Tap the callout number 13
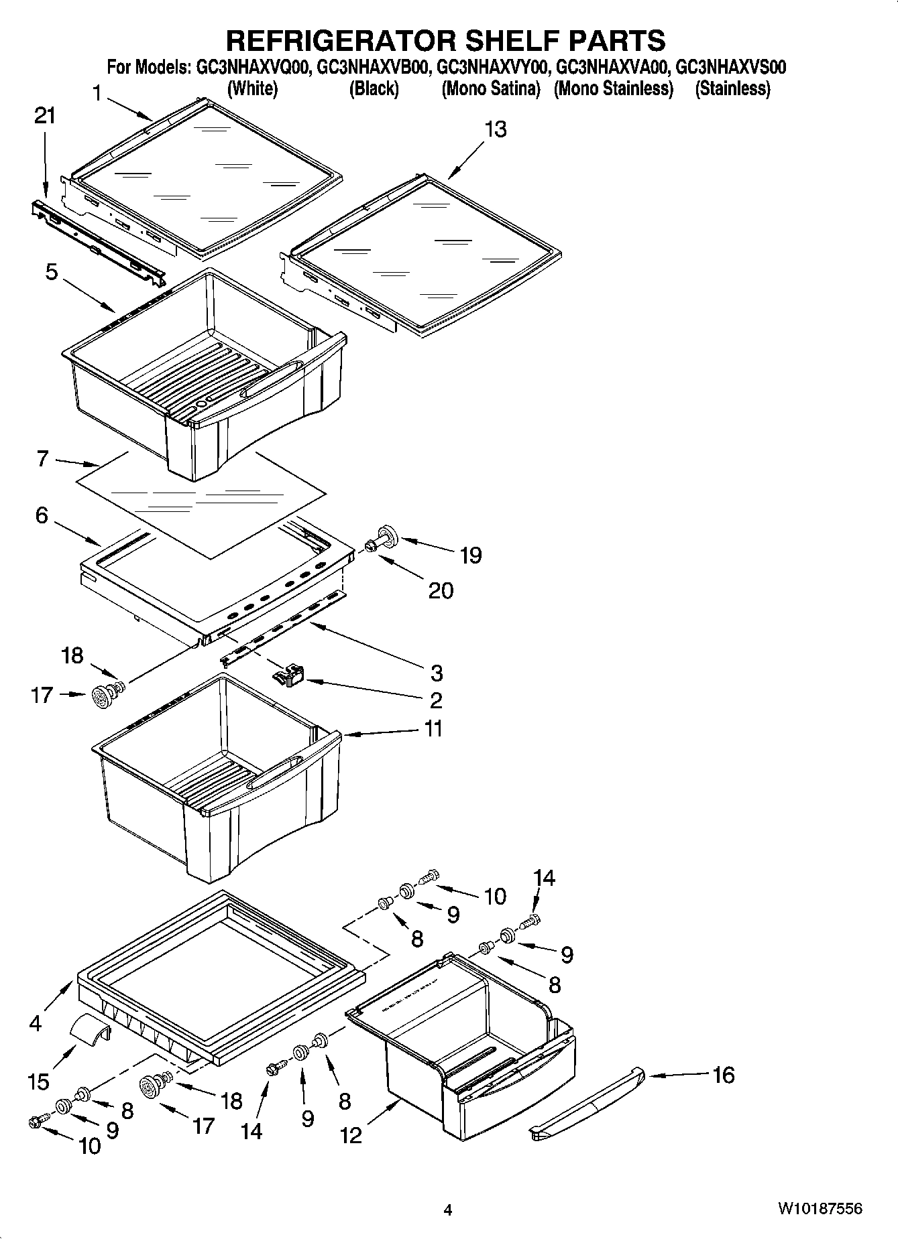tap(496, 129)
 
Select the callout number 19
tap(471, 555)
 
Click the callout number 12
tap(351, 1135)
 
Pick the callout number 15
tap(40, 1081)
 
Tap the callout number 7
tap(42, 459)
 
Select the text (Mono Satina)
tap(490, 88)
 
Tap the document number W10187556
tap(820, 1209)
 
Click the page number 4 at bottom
tap(448, 1210)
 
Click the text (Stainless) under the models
tap(732, 88)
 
